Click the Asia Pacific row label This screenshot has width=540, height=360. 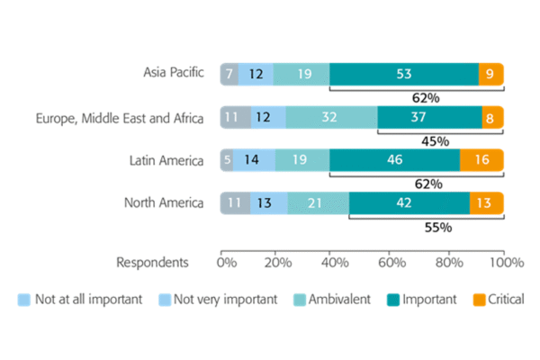click(x=174, y=73)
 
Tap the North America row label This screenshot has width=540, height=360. click(x=165, y=202)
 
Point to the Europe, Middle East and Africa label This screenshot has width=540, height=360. click(x=120, y=117)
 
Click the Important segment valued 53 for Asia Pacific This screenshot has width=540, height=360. click(x=403, y=74)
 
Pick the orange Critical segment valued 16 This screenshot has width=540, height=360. click(x=481, y=160)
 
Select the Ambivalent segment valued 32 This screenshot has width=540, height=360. click(x=331, y=117)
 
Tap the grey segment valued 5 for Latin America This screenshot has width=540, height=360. click(x=227, y=160)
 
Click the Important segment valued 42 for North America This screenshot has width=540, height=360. click(x=409, y=202)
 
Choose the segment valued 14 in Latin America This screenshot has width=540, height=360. click(x=252, y=160)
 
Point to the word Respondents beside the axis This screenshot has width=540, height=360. click(x=152, y=263)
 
